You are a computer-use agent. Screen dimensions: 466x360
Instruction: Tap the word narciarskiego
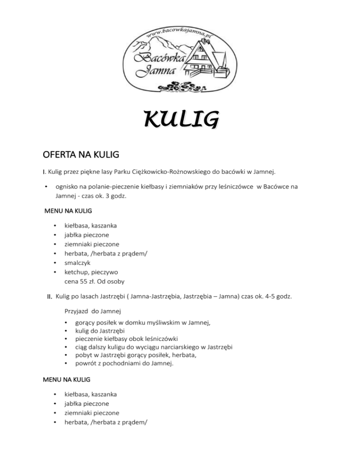coord(189,347)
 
